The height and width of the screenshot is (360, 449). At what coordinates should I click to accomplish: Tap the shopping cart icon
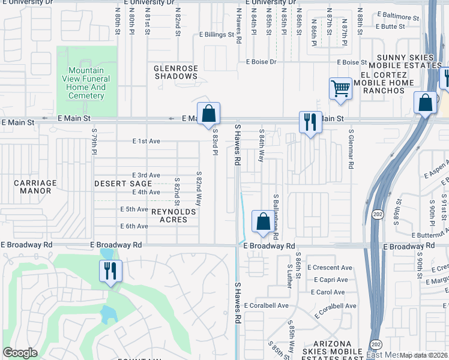[x=340, y=89]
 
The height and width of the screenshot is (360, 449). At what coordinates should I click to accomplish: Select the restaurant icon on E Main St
[x=310, y=122]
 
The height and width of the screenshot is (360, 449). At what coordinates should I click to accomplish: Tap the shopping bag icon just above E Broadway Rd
[x=263, y=221]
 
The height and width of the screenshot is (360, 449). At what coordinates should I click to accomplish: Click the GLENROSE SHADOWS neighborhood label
[x=176, y=72]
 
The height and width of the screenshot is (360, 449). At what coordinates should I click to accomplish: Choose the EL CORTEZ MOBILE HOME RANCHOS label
[x=384, y=82]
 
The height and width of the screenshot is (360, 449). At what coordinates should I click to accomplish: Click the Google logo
[x=20, y=353]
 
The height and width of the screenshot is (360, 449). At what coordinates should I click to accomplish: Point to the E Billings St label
[x=217, y=35]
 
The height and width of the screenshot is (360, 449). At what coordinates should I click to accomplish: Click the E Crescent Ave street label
[x=330, y=268]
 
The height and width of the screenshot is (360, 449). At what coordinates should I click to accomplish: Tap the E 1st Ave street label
[x=146, y=141]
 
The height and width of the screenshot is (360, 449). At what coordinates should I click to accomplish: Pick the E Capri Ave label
[x=330, y=280]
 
